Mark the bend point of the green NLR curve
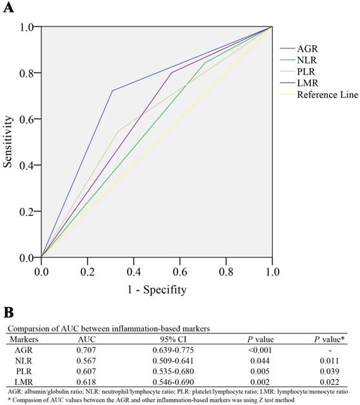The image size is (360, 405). pyautogui.click(x=205, y=63)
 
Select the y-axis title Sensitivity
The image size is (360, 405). pyautogui.click(x=8, y=142)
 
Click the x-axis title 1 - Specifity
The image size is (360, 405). pyautogui.click(x=157, y=290)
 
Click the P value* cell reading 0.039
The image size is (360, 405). pyautogui.click(x=326, y=373)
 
